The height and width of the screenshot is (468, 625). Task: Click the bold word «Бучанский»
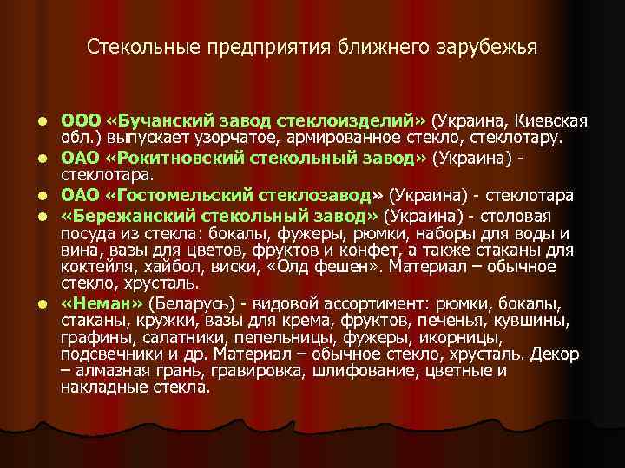point(161,118)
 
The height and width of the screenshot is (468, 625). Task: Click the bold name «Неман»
point(104,305)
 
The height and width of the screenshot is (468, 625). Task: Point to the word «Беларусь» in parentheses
point(185,305)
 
